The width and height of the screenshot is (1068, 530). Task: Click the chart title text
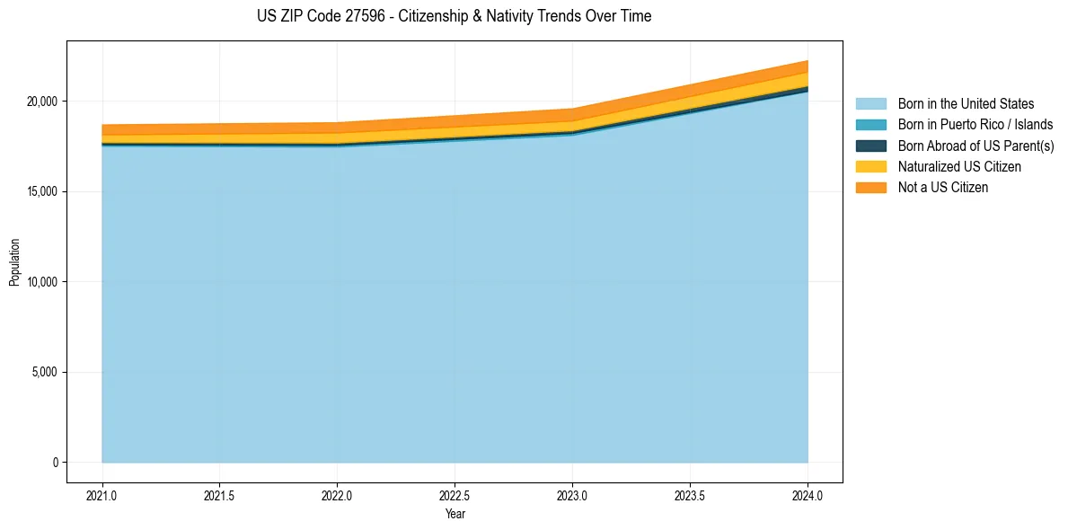point(455,16)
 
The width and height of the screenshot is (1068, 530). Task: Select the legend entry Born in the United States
point(946,104)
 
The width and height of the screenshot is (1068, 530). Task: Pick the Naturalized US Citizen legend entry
point(940,166)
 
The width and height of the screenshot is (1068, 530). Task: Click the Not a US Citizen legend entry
point(922,188)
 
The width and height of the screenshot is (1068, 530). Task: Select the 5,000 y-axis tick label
point(47,372)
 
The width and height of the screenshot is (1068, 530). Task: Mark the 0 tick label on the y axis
point(56,463)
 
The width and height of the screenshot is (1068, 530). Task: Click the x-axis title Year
point(455,514)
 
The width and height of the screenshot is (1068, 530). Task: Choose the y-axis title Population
point(14,262)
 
